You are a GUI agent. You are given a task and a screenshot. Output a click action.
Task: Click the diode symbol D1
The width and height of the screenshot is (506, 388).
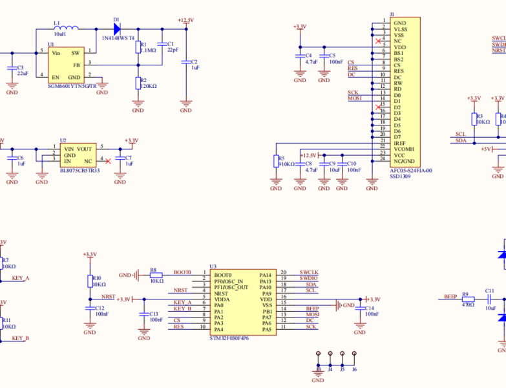point(117,28)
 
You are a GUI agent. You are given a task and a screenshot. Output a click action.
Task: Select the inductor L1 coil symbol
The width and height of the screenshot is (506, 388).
point(67,28)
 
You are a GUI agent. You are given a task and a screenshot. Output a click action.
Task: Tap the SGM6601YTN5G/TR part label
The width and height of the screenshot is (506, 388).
point(72,86)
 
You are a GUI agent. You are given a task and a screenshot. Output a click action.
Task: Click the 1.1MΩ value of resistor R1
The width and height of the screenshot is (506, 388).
point(148,50)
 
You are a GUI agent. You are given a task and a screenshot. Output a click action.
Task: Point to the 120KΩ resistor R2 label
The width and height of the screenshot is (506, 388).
point(149,86)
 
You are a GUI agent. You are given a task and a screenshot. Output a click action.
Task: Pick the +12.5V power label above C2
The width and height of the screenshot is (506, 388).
point(185,20)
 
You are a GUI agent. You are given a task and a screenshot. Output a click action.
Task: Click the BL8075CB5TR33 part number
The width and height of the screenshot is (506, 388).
point(79,170)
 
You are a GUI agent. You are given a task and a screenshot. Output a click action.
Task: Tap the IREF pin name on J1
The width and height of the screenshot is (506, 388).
point(399,143)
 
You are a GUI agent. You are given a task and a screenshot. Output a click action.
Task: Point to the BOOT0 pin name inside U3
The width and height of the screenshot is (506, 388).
point(224,275)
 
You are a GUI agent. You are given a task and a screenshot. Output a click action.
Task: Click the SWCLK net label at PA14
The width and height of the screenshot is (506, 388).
point(309,272)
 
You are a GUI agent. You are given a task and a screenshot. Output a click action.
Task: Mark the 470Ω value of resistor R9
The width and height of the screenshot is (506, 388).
point(468,305)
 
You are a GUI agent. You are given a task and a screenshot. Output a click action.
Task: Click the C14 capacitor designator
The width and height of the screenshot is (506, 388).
point(370,308)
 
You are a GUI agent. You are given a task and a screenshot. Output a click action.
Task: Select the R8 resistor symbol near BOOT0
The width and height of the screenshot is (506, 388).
point(156,275)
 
